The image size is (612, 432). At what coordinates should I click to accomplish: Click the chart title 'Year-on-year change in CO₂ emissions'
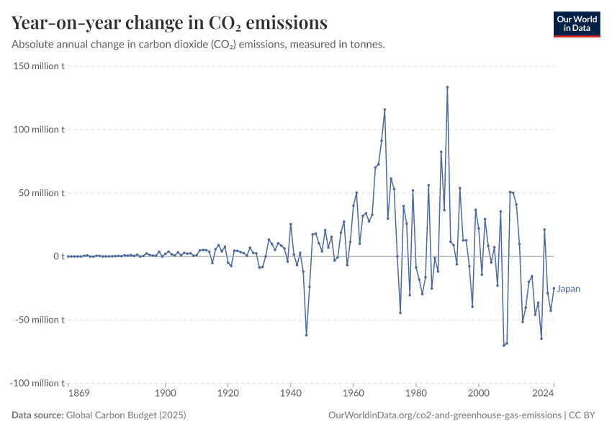(169, 23)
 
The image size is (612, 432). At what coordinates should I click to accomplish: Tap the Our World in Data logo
(576, 24)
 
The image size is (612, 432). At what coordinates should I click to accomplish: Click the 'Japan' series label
(568, 289)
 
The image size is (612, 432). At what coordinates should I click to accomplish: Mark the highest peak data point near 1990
(447, 87)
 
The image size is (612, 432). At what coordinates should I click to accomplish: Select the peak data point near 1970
(384, 109)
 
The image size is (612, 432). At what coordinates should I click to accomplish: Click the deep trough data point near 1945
(306, 335)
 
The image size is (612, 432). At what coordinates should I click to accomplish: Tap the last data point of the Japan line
(554, 289)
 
